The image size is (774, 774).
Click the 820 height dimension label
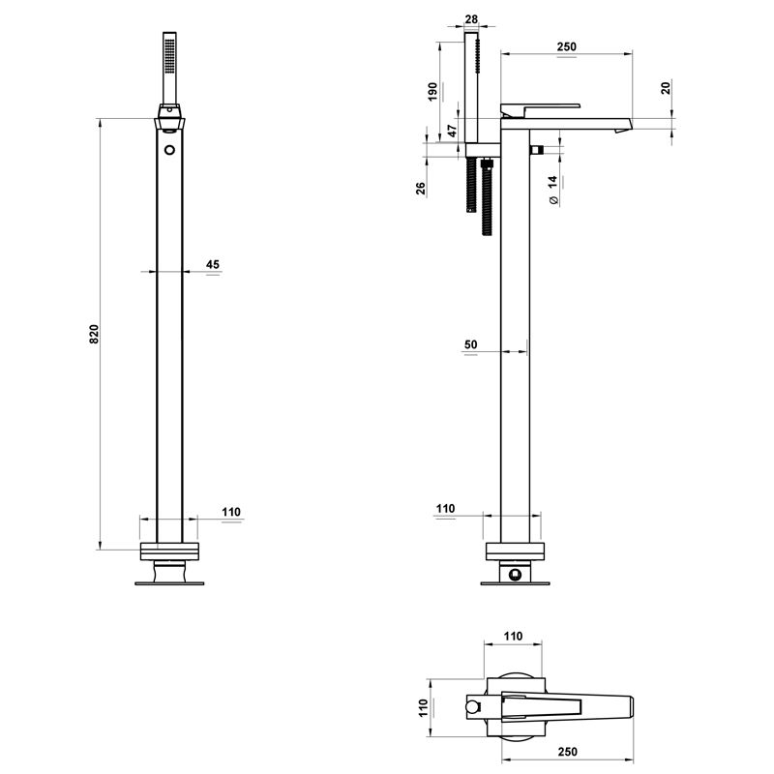[x=94, y=334]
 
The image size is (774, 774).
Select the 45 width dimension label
[x=213, y=264]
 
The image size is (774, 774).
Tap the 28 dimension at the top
[x=471, y=19]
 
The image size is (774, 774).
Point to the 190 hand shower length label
[x=432, y=92]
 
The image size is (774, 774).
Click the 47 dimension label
[x=452, y=131]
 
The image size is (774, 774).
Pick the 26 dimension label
[x=421, y=188]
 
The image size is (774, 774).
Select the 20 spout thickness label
[x=666, y=88]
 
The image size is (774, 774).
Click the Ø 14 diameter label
[x=553, y=190]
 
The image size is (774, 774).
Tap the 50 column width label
[x=471, y=344]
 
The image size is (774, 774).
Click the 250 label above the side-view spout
[x=566, y=46]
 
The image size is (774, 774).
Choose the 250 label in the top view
[x=567, y=752]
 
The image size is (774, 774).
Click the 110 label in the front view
[x=231, y=512]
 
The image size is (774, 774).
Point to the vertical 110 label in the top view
[x=423, y=708]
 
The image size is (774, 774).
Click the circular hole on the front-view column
[x=170, y=150]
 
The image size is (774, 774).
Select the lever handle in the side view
[x=540, y=109]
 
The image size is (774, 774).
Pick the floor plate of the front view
[x=170, y=583]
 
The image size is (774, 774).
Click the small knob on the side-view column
[x=537, y=149]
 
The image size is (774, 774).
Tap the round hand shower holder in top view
[x=473, y=708]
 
